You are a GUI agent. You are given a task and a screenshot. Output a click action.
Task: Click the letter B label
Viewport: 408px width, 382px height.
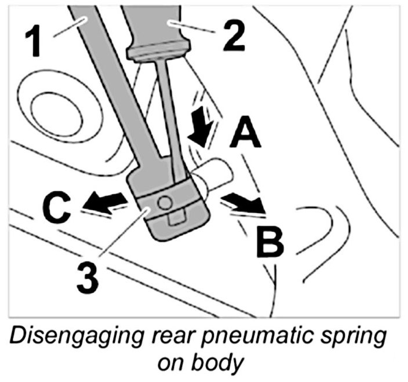(x=268, y=242)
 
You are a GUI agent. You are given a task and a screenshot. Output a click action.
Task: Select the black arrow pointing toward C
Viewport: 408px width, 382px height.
(x=104, y=201)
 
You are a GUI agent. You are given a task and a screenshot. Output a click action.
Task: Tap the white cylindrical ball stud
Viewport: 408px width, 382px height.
(x=218, y=173)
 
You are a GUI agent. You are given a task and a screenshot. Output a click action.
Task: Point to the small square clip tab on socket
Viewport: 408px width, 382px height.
(x=174, y=219)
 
